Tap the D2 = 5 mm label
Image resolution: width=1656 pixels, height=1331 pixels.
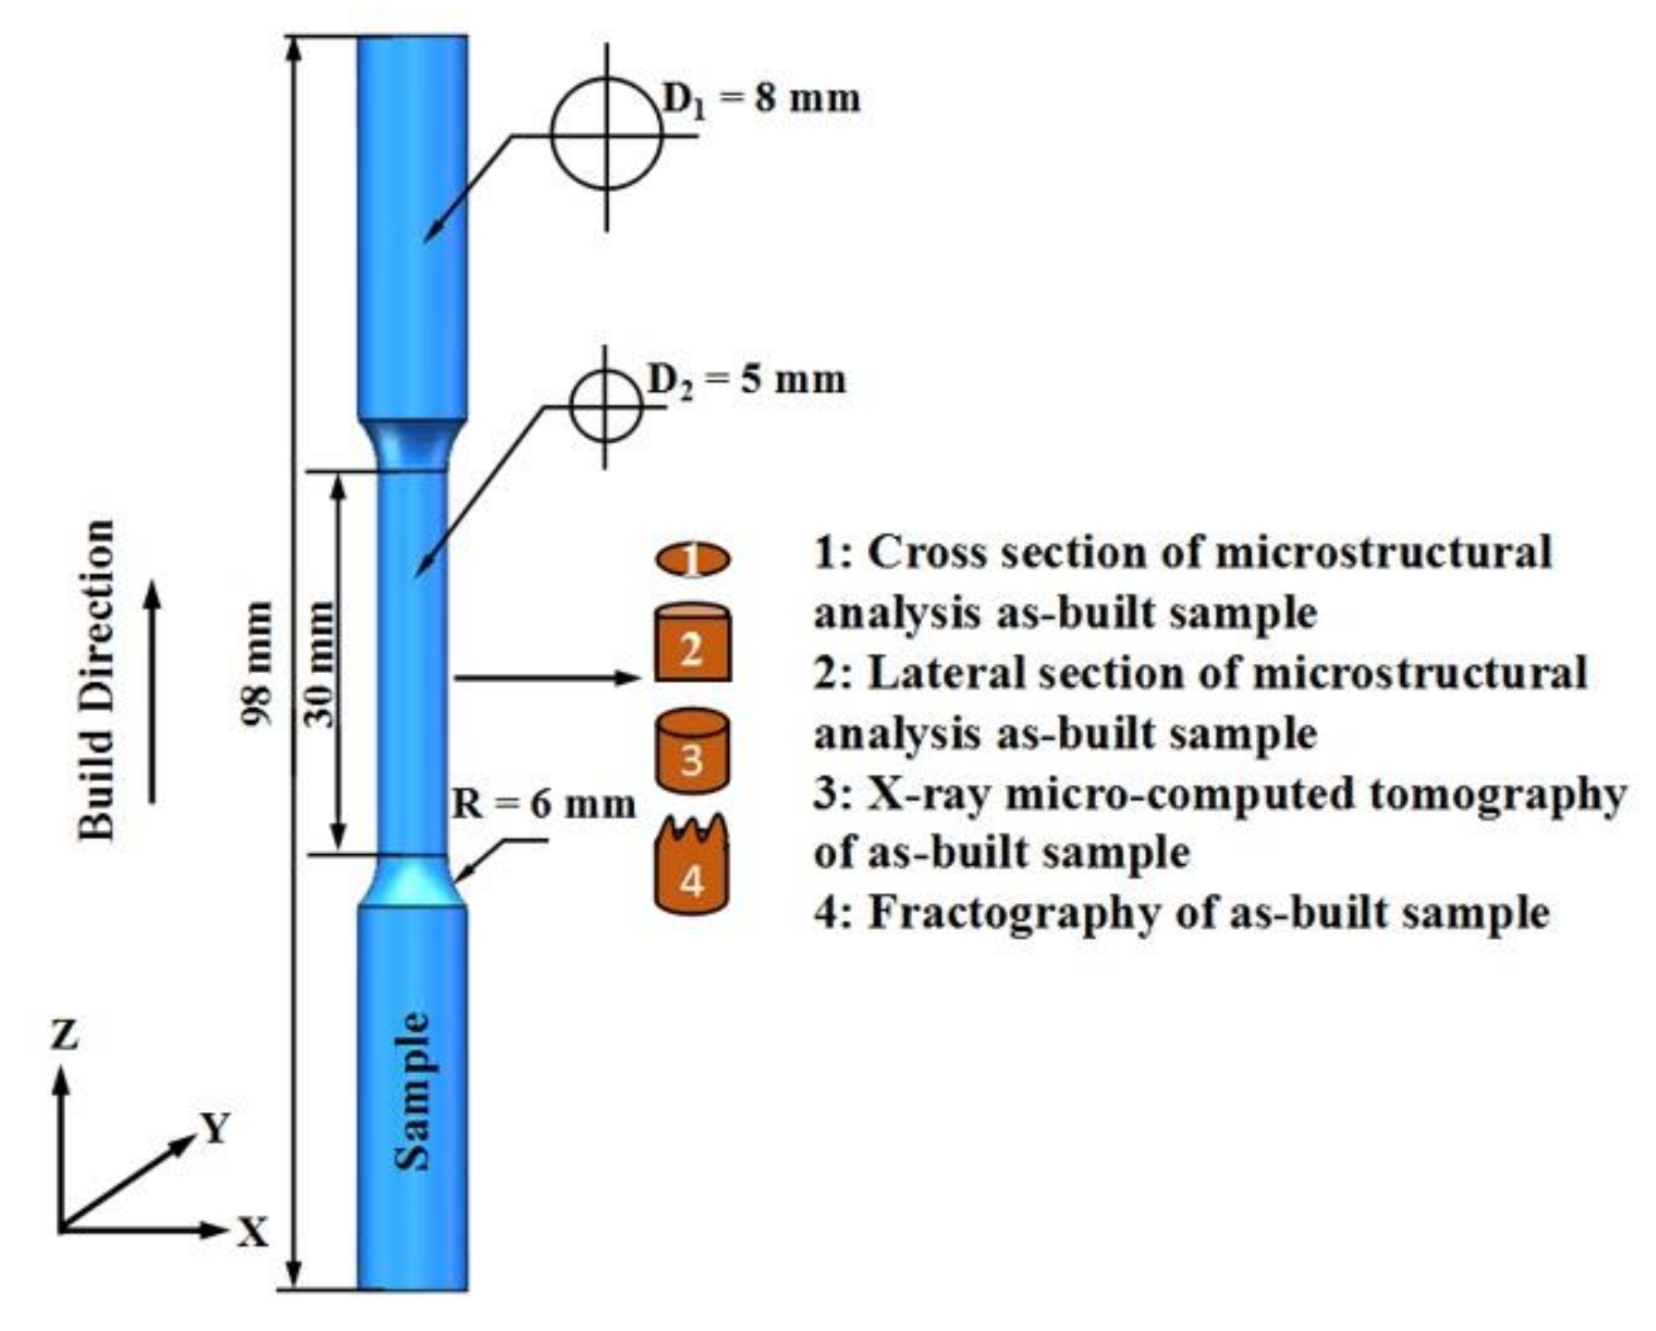click(x=746, y=379)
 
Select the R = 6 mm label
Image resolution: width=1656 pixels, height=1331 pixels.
click(x=543, y=804)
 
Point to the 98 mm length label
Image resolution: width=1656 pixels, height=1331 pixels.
click(x=258, y=663)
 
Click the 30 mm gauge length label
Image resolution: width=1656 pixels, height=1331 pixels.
click(x=321, y=664)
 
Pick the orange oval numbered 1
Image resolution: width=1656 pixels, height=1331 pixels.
click(x=693, y=559)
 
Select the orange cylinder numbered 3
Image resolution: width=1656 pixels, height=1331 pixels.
click(x=693, y=752)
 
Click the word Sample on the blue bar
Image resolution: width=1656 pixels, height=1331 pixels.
click(x=412, y=1091)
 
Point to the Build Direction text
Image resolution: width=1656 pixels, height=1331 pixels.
click(x=96, y=679)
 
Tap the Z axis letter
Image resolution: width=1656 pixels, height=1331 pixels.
click(x=64, y=1035)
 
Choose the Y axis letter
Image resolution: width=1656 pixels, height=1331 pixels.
click(x=214, y=1128)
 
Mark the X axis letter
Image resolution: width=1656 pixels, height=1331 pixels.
click(x=251, y=1232)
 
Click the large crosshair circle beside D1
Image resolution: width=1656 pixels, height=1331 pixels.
click(x=606, y=135)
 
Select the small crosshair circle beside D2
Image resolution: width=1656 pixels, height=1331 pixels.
click(x=605, y=407)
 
